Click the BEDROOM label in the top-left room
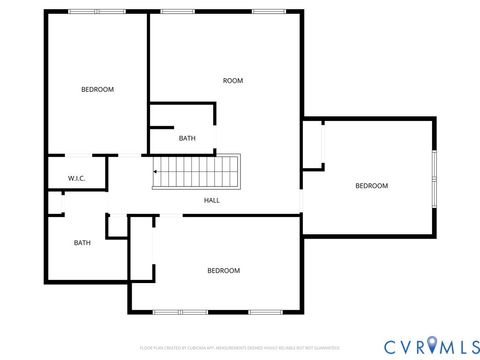(97, 90)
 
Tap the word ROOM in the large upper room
(233, 81)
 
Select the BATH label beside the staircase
(187, 139)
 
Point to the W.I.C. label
(77, 179)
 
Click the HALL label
(212, 200)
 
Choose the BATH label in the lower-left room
(82, 243)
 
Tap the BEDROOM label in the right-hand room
(372, 186)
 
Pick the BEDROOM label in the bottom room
(223, 271)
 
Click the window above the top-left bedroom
(85, 11)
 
